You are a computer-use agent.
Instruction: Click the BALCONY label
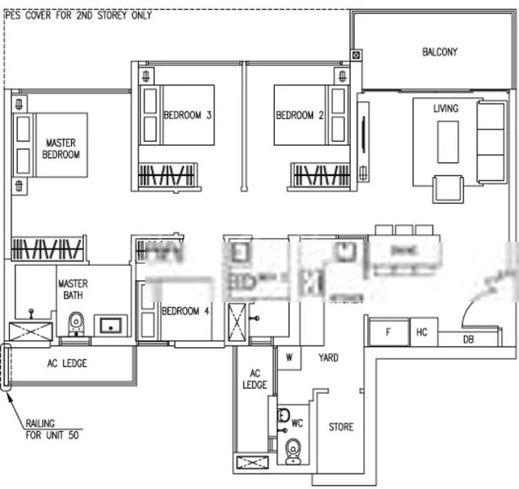pos(439,52)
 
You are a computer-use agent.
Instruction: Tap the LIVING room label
pos(446,108)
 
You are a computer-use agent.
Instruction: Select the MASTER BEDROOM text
pos(61,148)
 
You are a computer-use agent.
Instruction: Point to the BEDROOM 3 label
pos(188,116)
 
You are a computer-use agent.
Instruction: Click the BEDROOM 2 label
pos(299,116)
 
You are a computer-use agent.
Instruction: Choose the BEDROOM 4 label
pos(185,311)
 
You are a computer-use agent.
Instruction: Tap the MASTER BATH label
pos(73,289)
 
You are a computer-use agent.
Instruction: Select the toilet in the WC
pos(293,449)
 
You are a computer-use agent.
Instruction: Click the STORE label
pos(341,427)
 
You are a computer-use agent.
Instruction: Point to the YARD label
pos(328,358)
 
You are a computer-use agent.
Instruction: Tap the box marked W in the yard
pos(289,357)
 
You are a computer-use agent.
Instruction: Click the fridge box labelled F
pos(388,333)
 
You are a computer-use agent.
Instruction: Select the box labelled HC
pos(422,333)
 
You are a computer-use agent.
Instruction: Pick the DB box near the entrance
pos(468,339)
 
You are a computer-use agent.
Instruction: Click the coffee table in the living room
pos(448,142)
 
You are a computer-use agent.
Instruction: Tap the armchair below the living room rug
pos(447,188)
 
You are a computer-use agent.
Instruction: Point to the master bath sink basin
pos(110,326)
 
